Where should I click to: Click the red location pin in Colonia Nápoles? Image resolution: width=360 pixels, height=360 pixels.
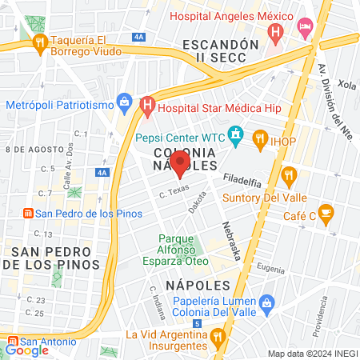point(180,163)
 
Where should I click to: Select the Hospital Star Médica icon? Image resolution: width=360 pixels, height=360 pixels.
point(147,104)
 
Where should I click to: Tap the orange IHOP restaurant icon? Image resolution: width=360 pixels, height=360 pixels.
point(260,138)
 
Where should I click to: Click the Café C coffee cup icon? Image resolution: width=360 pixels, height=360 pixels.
point(326,212)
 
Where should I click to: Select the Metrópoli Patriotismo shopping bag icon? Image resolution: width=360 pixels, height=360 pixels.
point(124,101)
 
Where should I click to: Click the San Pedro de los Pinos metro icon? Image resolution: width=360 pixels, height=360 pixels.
point(27,214)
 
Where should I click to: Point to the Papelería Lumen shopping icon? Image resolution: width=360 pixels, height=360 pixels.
point(267,303)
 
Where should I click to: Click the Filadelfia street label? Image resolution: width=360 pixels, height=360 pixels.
point(242,179)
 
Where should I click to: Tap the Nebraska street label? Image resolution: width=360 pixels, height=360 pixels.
point(232,241)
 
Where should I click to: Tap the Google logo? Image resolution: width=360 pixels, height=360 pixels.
point(28,350)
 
